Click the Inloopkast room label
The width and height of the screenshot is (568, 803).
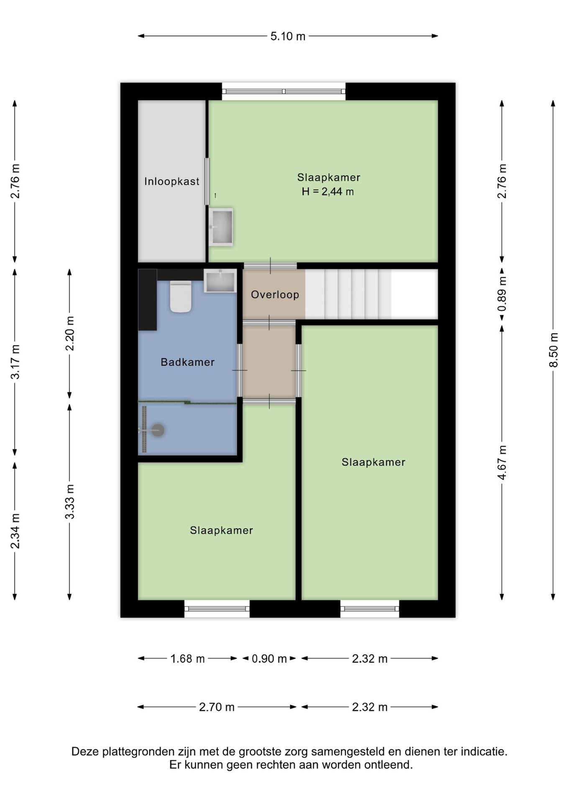pyautogui.click(x=171, y=182)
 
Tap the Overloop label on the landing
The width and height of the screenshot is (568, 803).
pyautogui.click(x=275, y=294)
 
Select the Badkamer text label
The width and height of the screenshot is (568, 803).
pyautogui.click(x=187, y=362)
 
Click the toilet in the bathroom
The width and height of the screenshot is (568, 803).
pyautogui.click(x=181, y=296)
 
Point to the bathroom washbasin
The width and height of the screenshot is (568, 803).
pyautogui.click(x=220, y=281)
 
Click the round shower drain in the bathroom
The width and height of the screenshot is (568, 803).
pyautogui.click(x=158, y=430)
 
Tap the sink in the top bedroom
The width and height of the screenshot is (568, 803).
pyautogui.click(x=221, y=227)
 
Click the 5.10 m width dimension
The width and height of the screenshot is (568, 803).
pyautogui.click(x=288, y=36)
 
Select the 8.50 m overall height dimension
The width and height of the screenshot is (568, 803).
pyautogui.click(x=553, y=350)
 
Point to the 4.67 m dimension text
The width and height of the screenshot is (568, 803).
pyautogui.click(x=502, y=463)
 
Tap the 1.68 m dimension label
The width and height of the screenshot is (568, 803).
pyautogui.click(x=187, y=659)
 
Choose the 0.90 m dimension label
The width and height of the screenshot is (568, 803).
pyautogui.click(x=269, y=659)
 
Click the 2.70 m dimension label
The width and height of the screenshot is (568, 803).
pyautogui.click(x=217, y=707)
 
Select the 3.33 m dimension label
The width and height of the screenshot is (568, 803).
pyautogui.click(x=70, y=502)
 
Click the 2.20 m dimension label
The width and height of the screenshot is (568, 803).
pyautogui.click(x=70, y=333)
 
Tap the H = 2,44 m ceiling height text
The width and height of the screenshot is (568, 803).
pyautogui.click(x=328, y=192)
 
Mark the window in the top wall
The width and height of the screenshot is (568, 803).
pyautogui.click(x=284, y=91)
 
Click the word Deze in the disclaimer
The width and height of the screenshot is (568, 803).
pyautogui.click(x=86, y=752)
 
